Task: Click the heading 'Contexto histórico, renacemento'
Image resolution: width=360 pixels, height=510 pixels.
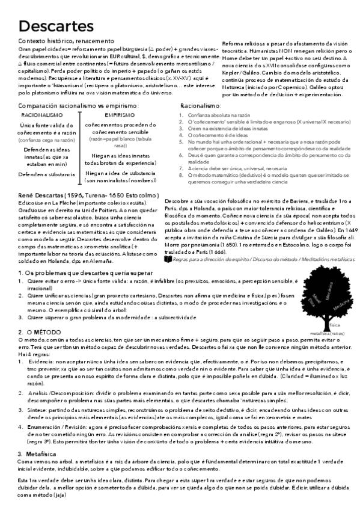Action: [x=63, y=40]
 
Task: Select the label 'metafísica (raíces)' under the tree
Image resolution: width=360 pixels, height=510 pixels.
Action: [x=328, y=332]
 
